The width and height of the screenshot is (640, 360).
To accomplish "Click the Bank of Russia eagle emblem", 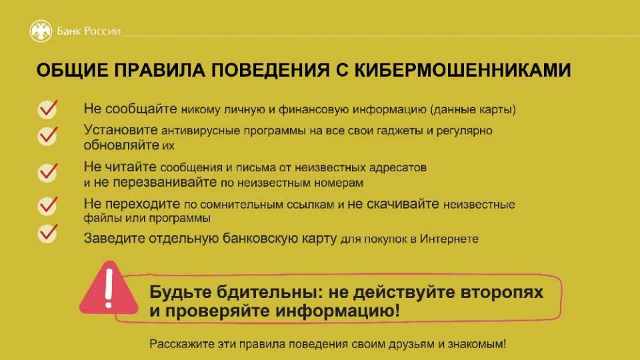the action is (41, 31).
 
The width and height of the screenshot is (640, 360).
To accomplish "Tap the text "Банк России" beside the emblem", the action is (89, 31).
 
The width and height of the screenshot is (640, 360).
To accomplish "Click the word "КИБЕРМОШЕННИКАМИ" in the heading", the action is (463, 70).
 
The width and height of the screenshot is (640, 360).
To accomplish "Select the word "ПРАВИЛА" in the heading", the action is (159, 70).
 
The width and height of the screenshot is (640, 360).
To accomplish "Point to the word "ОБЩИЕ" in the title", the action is (73, 70).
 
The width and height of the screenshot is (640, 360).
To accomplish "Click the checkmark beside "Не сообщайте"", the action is (48, 109).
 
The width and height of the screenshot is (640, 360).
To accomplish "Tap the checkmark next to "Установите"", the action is (48, 135).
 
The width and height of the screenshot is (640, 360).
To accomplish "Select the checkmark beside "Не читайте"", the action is (48, 172).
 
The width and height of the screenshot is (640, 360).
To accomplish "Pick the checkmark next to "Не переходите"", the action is (48, 206).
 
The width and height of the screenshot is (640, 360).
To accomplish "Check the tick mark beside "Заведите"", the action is (48, 233).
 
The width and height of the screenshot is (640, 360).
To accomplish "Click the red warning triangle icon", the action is (109, 288).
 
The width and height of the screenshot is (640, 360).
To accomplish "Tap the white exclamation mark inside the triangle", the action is (109, 289).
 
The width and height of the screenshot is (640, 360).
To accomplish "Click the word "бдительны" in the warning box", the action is (269, 292).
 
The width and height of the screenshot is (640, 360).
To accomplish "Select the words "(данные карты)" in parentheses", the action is (473, 110).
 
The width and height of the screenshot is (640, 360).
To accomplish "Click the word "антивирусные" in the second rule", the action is (201, 131).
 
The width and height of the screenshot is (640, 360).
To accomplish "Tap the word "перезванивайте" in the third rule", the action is (165, 182).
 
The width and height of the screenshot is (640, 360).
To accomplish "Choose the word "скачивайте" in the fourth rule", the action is (393, 204).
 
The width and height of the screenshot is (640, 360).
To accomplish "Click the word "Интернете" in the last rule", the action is (449, 239).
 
